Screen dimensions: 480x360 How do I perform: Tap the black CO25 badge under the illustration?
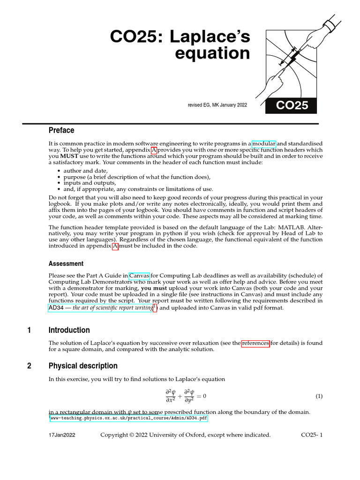click(x=291, y=105)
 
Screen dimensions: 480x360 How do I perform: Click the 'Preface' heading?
click(x=61, y=130)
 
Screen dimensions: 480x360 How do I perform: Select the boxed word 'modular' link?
click(x=264, y=143)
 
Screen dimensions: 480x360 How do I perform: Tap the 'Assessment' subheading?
click(x=66, y=263)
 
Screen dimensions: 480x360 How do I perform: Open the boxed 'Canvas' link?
click(x=139, y=276)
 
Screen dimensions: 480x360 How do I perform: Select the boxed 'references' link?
click(x=255, y=343)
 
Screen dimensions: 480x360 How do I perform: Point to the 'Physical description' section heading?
click(x=83, y=366)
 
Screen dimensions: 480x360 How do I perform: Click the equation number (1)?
click(x=319, y=397)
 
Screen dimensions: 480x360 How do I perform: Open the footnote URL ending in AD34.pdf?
click(x=128, y=418)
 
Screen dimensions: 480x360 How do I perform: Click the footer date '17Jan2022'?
click(x=62, y=435)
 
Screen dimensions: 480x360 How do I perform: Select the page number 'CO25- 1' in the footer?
click(x=312, y=435)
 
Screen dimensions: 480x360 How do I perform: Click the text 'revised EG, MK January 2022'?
click(x=217, y=105)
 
